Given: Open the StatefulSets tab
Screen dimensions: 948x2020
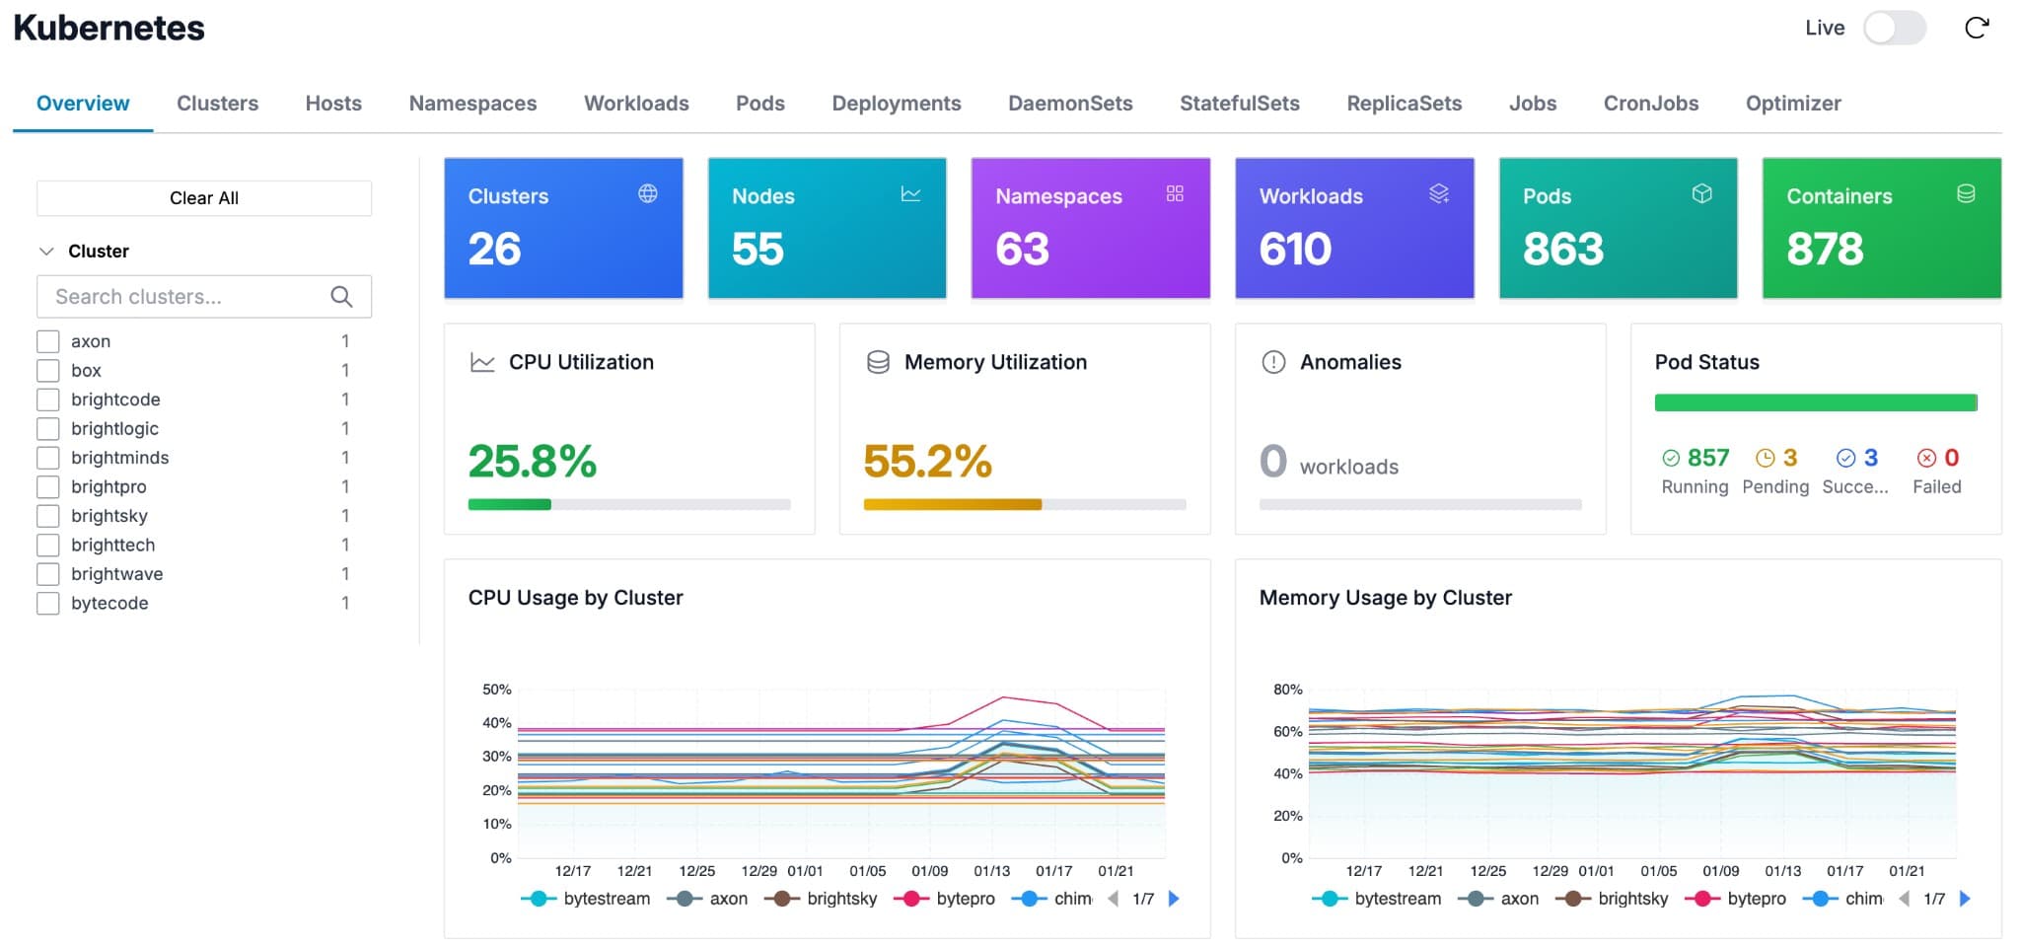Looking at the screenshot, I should click(1239, 104).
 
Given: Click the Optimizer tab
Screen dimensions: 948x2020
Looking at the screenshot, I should click(1792, 104).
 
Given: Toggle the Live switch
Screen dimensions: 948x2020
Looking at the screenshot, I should click(1894, 28).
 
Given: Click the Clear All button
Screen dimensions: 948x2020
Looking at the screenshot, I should click(204, 198).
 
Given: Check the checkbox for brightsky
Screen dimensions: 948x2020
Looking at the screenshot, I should click(48, 516).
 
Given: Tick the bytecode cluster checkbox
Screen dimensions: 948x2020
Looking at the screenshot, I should click(48, 603).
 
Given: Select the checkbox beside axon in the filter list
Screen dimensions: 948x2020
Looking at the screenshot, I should click(48, 341).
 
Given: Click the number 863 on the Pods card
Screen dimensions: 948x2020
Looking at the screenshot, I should click(1562, 249).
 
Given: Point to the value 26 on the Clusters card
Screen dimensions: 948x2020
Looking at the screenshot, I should click(494, 249).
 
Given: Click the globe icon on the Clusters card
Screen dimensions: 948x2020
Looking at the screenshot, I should click(647, 194).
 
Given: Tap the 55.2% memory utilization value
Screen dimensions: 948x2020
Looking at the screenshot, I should click(927, 461).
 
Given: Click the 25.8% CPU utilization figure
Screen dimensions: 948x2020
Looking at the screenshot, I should click(532, 461).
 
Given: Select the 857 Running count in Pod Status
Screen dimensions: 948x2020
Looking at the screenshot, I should click(1706, 458).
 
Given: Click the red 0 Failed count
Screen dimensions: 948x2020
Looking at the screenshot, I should click(1950, 458).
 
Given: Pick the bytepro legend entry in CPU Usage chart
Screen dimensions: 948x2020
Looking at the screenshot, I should click(964, 899).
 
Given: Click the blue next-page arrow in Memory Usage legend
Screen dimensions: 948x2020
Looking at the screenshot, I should click(1964, 899).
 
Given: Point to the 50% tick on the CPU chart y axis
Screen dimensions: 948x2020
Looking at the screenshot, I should click(496, 690).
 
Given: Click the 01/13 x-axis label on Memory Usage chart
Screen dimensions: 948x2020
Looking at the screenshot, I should click(1782, 871).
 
